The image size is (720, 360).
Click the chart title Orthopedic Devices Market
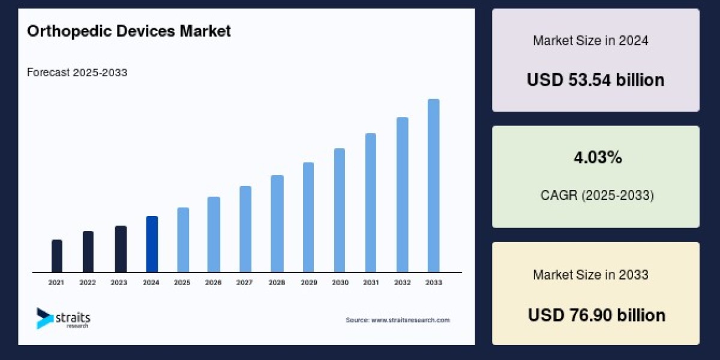coord(128,32)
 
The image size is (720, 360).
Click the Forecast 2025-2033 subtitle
coord(77,73)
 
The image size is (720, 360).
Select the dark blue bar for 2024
coord(152,244)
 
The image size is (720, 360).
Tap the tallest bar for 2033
coord(433,185)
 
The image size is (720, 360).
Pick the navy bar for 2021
coord(57,256)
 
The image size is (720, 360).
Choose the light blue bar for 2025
coord(183,240)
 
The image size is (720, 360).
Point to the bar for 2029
coord(308,217)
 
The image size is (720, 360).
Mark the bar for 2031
coord(371,203)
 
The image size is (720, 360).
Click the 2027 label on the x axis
coord(244,282)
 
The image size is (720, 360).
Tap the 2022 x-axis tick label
coord(88,282)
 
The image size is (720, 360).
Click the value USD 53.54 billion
coord(595,80)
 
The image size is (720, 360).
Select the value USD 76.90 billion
coord(596,315)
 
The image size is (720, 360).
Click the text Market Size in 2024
coord(590,41)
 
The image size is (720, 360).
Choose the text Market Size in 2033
coord(590,275)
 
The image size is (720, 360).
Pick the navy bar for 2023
coord(121,249)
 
